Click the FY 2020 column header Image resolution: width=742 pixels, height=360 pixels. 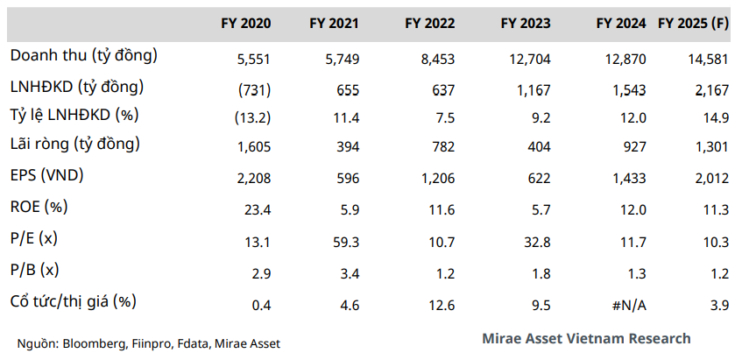tap(245, 24)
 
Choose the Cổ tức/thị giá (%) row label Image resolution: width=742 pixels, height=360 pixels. tap(74, 301)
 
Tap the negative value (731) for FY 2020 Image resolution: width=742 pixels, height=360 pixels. tap(254, 88)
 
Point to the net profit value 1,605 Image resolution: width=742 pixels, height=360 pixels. tap(254, 146)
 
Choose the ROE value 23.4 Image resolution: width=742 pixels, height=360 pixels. tap(258, 209)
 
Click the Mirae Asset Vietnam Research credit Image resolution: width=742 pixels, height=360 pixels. tap(585, 338)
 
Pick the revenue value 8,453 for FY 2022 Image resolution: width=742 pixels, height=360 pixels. tap(441, 57)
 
